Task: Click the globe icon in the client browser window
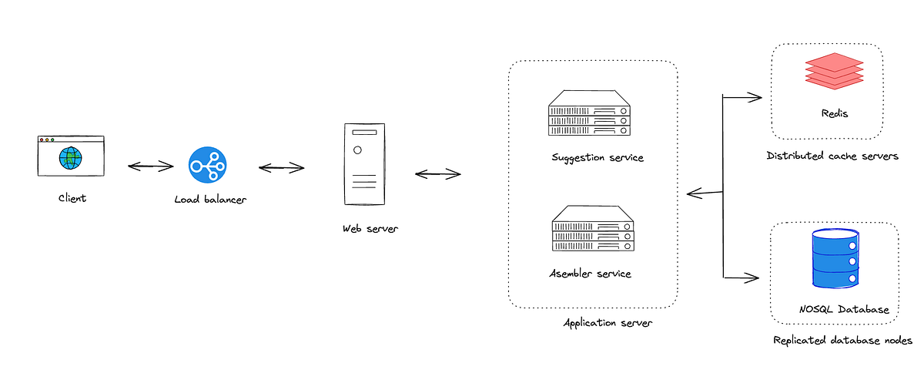[71, 159]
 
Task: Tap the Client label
[72, 198]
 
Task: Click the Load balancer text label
[210, 200]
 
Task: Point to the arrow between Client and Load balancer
[151, 165]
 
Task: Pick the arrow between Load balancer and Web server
[282, 167]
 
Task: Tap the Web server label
[371, 229]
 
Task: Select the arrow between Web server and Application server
[437, 173]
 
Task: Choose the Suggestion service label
[597, 157]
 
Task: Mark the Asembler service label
[590, 274]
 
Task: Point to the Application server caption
[608, 323]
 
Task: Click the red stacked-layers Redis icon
[825, 72]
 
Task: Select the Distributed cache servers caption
[832, 156]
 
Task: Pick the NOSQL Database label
[844, 309]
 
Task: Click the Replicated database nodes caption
[842, 340]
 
